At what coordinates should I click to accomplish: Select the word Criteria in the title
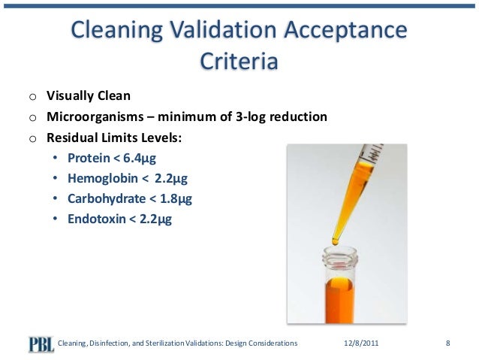tap(239, 61)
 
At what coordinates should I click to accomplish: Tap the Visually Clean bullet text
tap(89, 96)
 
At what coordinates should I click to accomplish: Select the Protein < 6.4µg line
tap(113, 159)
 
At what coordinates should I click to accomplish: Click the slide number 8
tap(447, 343)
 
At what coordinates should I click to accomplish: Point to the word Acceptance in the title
tap(345, 31)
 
